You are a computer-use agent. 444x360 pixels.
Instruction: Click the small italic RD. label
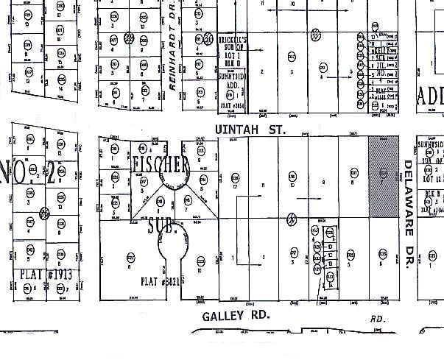pyautogui.click(x=378, y=319)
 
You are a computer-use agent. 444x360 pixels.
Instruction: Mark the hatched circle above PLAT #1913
pyautogui.click(x=44, y=213)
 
